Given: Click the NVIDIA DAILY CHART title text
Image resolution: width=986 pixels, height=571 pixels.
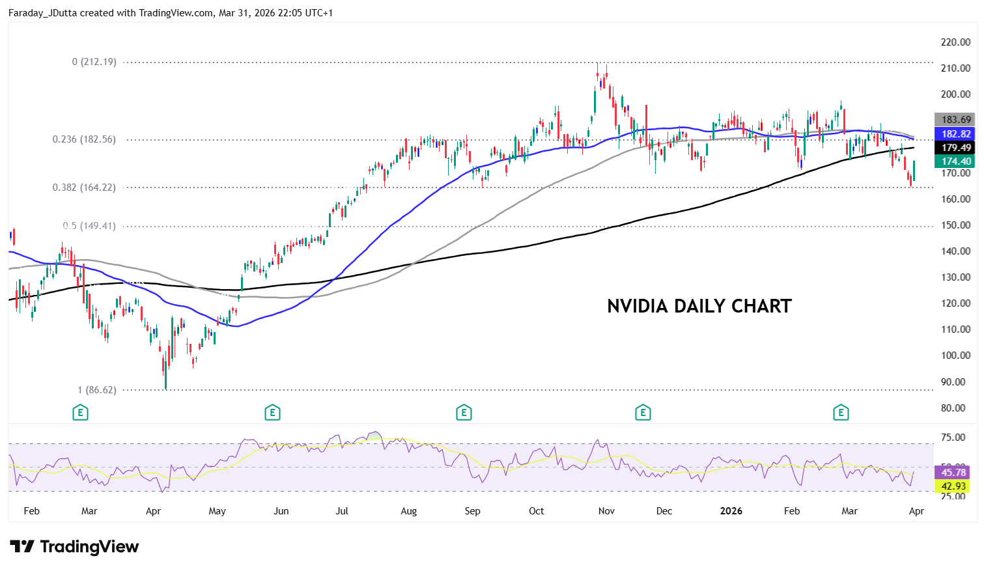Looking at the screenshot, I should point(699,306).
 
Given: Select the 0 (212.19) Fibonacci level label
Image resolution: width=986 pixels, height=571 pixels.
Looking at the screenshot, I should point(94,62).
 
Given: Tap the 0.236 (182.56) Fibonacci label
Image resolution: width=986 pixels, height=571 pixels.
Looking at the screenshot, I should point(84,139).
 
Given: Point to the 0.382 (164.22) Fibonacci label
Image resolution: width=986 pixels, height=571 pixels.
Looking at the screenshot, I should point(84,188).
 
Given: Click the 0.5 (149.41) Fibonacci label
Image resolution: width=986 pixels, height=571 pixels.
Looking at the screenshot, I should point(89,226).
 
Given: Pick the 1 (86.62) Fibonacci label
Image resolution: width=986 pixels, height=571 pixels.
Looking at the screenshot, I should point(97,390).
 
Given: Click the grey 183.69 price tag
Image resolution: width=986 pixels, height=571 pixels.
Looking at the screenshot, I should point(955,120).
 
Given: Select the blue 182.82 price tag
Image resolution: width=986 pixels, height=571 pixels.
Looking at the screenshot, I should point(955,134).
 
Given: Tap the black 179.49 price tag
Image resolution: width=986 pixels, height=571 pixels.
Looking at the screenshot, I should point(955,148).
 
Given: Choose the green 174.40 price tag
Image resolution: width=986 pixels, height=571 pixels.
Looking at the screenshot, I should point(955,161).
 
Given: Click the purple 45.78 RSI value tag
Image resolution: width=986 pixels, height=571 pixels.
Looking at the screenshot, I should point(953,473).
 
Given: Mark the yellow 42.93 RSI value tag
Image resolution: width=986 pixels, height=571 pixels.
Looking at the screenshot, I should point(953,486).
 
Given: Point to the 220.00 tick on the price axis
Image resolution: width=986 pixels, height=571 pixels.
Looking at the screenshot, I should point(955,42).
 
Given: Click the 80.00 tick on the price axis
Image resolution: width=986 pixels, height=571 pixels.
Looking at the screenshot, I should point(955,408).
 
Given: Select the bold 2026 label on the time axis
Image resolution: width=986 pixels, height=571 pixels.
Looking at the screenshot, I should point(731,511).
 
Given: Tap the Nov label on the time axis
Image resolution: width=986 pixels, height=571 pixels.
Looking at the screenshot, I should point(606,511).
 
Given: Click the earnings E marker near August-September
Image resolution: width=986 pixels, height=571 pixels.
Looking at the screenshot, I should point(464,413).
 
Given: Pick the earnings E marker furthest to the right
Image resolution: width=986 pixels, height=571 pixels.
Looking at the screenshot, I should point(841,413).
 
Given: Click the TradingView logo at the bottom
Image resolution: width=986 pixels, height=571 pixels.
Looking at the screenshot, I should point(74,547).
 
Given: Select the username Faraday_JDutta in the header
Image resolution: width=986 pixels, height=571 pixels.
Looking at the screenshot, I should point(42,13).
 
